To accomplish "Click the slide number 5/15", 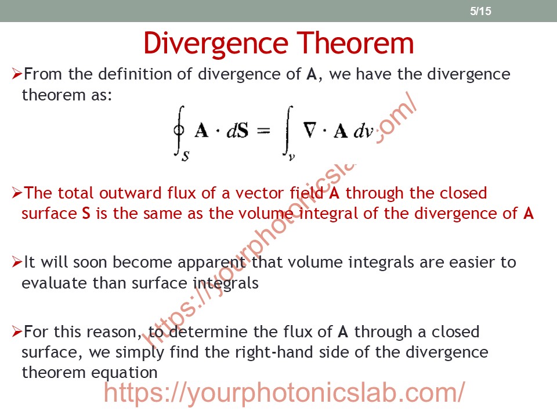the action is pyautogui.click(x=480, y=11).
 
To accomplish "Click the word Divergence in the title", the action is pyautogui.click(x=216, y=44).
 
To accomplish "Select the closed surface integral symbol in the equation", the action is pyautogui.click(x=179, y=131).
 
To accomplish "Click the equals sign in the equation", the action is pyautogui.click(x=263, y=131).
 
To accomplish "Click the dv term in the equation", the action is pyautogui.click(x=363, y=131).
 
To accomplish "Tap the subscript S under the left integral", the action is pyautogui.click(x=186, y=156).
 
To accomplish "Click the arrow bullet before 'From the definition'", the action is pyautogui.click(x=17, y=74).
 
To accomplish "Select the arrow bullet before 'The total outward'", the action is pyautogui.click(x=17, y=193).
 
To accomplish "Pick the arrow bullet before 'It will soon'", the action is pyautogui.click(x=17, y=262).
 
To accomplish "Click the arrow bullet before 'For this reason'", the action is pyautogui.click(x=17, y=331).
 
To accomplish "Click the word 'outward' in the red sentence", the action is pyautogui.click(x=131, y=193).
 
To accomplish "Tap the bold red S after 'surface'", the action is pyautogui.click(x=86, y=213).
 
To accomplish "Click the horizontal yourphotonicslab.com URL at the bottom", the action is pyautogui.click(x=284, y=392).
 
